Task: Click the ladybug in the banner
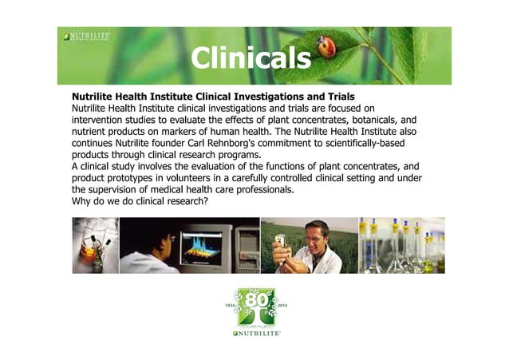coord(327,46)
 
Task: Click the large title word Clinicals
coord(251,57)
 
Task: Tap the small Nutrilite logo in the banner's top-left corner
coord(87,37)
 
